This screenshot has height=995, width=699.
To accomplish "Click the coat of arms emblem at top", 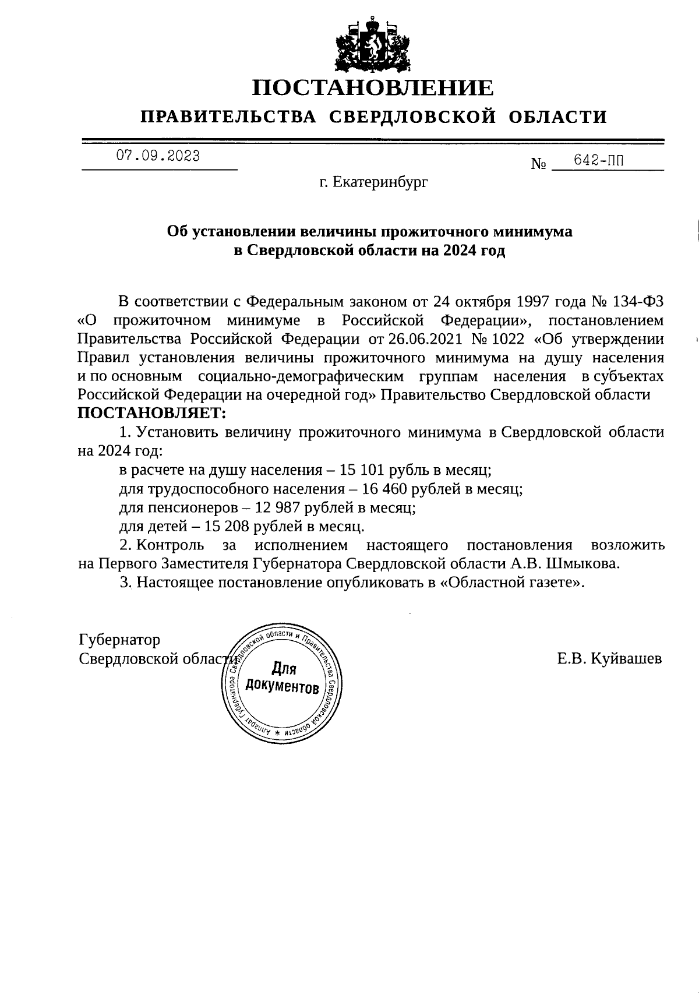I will tap(372, 45).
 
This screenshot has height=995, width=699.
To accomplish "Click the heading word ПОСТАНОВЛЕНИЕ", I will tap(372, 88).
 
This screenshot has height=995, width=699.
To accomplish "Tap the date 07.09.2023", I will tap(158, 156).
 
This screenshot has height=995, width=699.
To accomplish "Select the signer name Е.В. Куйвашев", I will tap(609, 659).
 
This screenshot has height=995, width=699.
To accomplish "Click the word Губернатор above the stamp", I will tap(119, 640).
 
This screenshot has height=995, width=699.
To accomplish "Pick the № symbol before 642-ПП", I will tap(539, 164).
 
